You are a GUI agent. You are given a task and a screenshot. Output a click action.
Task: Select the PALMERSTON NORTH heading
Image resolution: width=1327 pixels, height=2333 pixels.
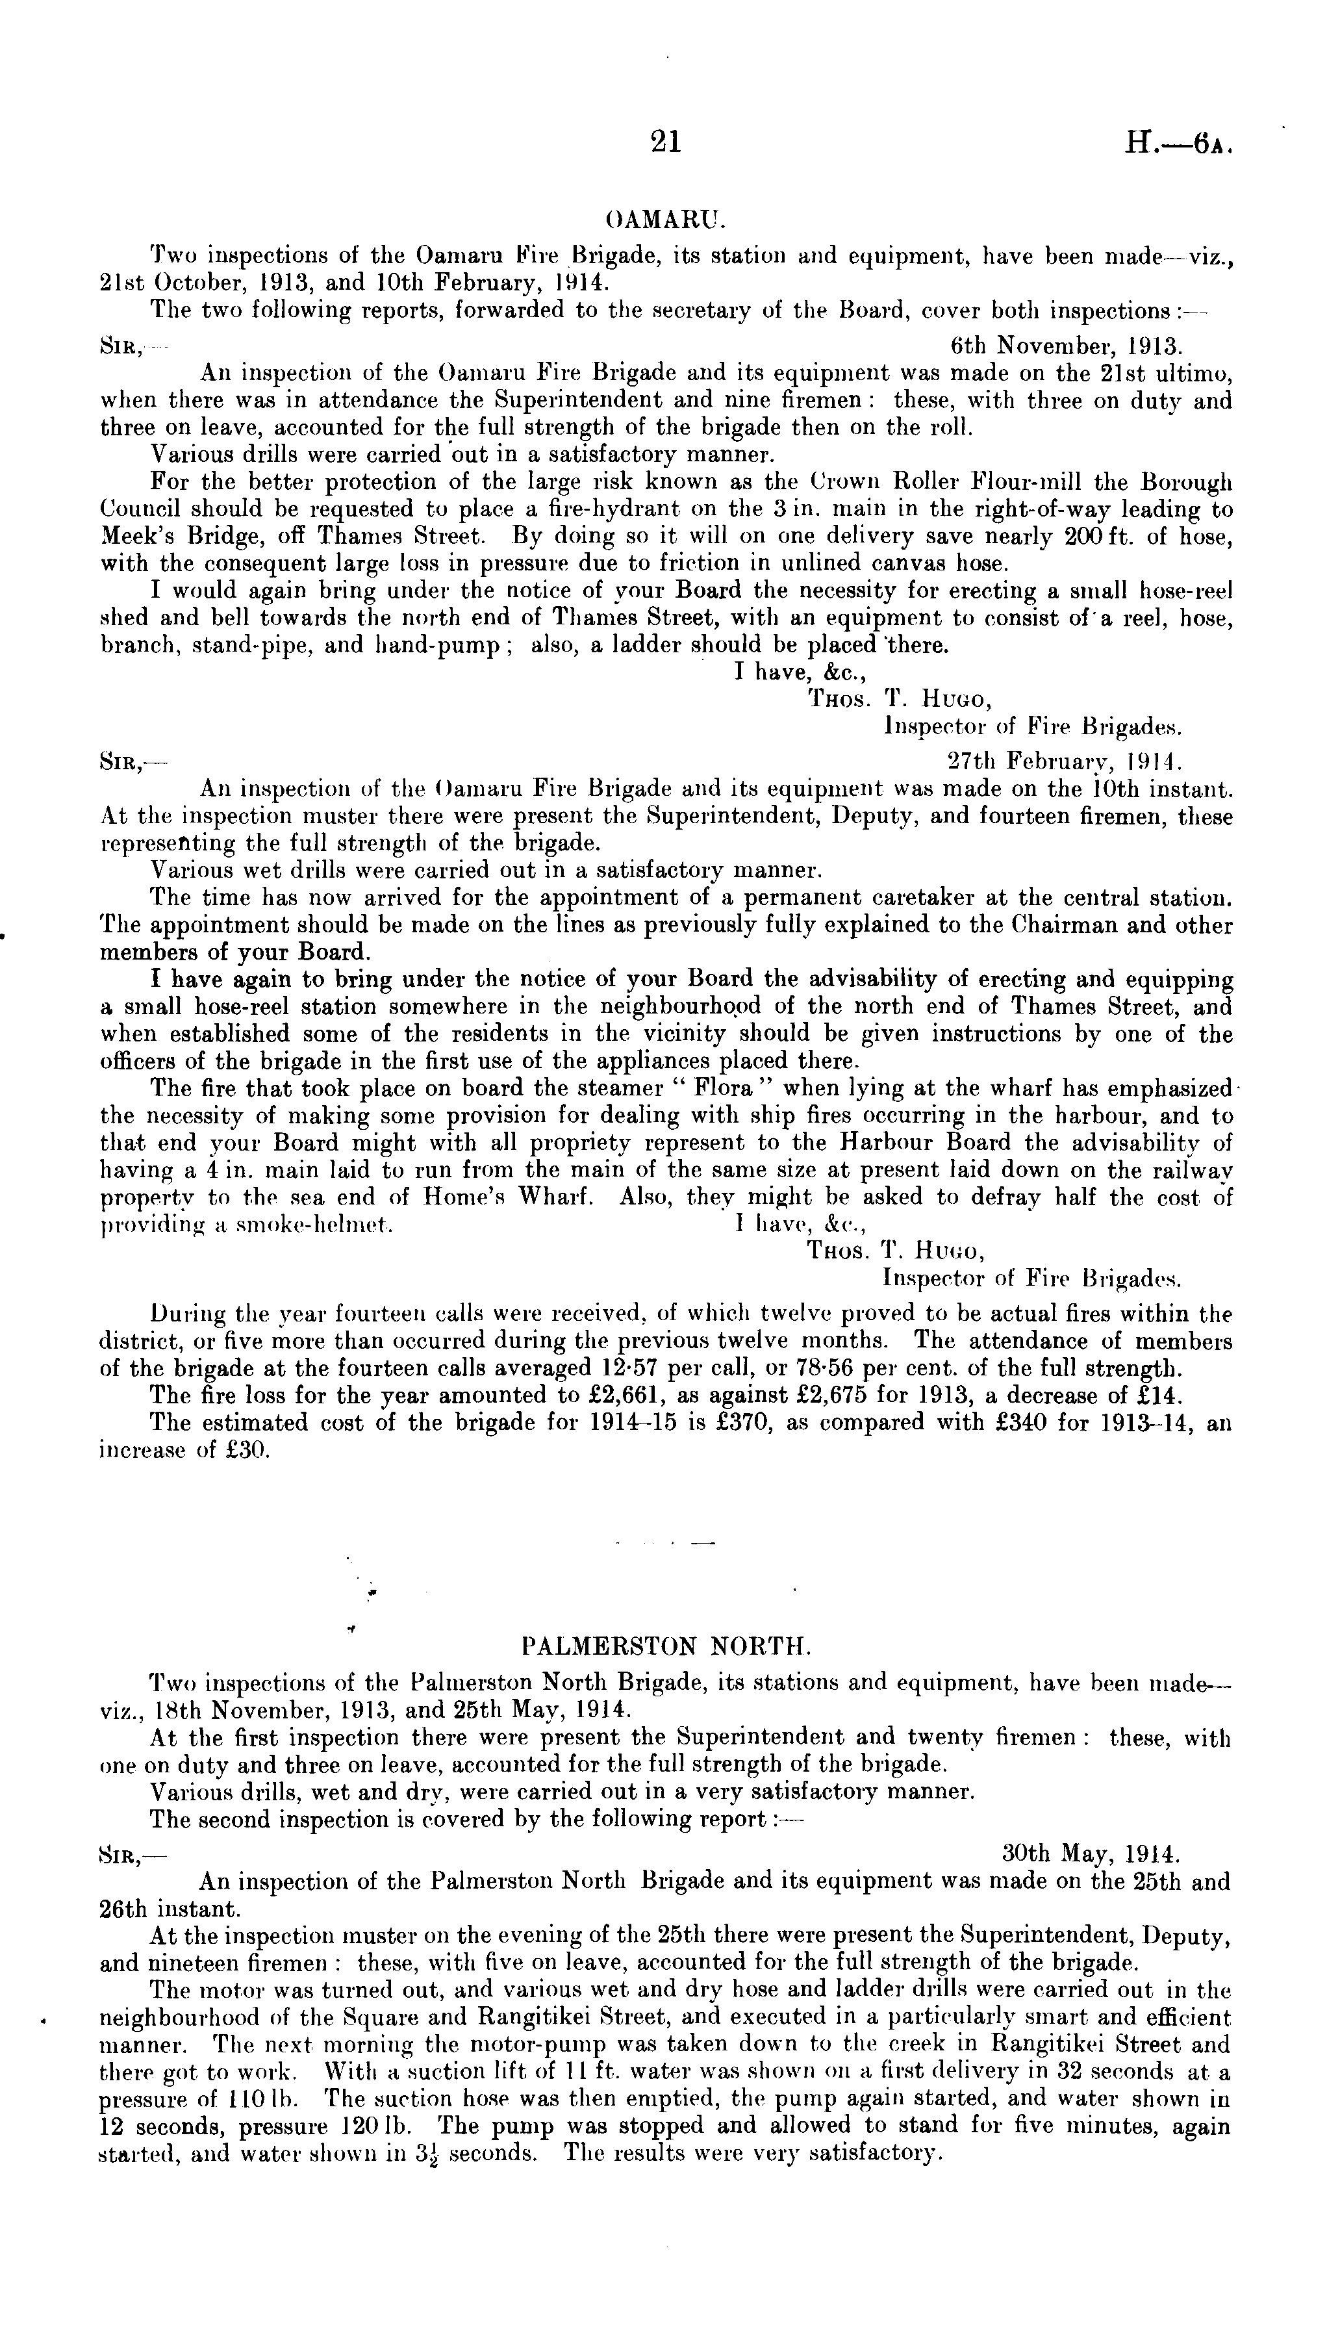[665, 1647]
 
